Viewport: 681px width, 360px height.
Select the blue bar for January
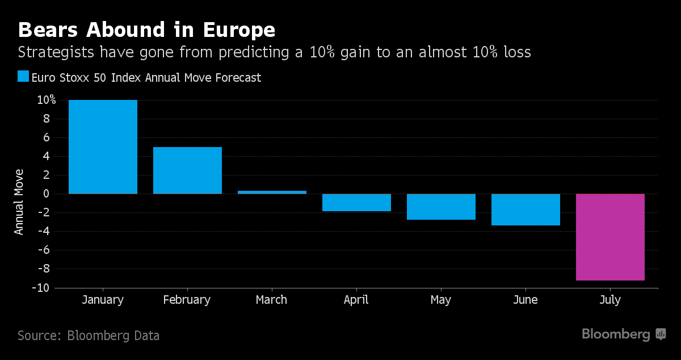coord(103,147)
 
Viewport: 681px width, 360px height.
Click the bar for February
coord(188,170)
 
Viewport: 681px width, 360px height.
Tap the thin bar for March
coord(272,192)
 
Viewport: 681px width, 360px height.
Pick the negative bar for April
coord(356,202)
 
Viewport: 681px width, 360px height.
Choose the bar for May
coord(441,207)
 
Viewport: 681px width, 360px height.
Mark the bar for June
coord(526,210)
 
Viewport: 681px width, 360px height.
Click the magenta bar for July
coord(610,237)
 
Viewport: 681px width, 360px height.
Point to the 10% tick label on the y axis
coord(46,100)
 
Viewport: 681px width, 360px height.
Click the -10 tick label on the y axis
coord(41,287)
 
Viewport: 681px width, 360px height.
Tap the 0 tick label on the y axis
coord(46,194)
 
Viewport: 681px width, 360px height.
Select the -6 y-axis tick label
coord(44,250)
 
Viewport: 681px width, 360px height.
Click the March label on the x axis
coord(271,300)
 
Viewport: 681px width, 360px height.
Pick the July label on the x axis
coord(610,300)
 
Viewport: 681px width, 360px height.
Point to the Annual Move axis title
coord(19,202)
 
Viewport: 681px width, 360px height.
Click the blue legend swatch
coord(23,77)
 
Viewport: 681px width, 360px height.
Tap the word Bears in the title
coord(48,30)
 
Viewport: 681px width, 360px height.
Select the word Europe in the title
coord(239,31)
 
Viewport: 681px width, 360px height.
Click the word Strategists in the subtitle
coord(56,52)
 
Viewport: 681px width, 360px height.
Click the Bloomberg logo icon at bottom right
coord(661,334)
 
